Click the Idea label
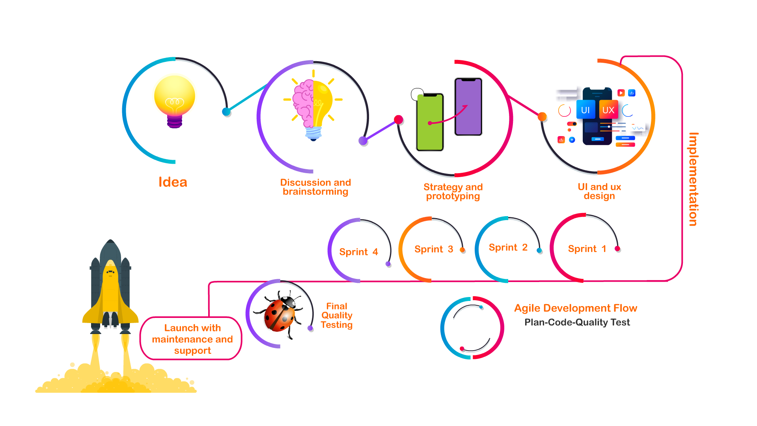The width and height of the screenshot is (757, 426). (173, 182)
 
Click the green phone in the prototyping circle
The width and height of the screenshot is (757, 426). (430, 122)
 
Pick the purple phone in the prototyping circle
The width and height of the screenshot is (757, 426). (468, 106)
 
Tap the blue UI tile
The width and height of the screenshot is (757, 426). (585, 110)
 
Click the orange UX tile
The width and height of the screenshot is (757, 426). (608, 110)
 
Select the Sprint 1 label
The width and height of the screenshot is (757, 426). (587, 249)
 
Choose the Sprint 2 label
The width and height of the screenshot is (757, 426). (508, 248)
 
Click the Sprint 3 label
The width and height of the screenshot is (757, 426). (433, 249)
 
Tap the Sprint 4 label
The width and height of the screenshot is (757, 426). (358, 252)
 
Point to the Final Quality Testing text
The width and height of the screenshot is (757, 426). (336, 316)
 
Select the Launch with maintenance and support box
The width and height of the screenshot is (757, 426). (192, 339)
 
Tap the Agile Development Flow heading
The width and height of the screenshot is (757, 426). (575, 308)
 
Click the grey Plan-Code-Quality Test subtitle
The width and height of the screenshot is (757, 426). (577, 323)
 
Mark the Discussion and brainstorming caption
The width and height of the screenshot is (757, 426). (315, 187)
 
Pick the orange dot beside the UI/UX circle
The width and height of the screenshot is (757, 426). (542, 116)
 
